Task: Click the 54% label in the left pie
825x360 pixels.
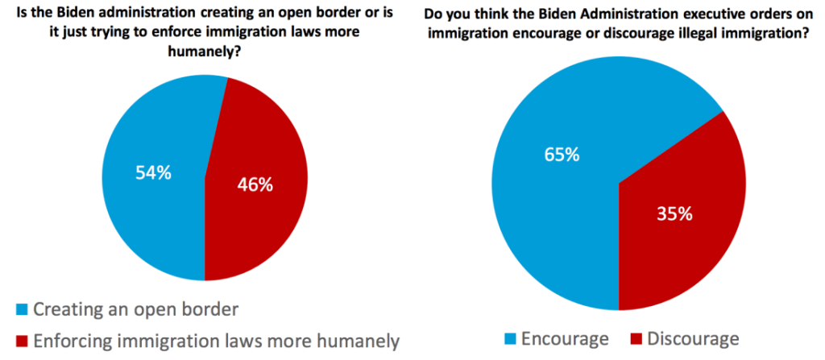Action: [x=152, y=172]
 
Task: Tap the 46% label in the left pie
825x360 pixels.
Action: [x=255, y=184]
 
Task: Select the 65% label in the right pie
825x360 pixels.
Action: [x=562, y=155]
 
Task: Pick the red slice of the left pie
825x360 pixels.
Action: [x=258, y=226]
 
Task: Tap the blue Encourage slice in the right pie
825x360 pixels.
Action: [x=548, y=209]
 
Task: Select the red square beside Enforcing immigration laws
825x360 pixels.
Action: [x=22, y=341]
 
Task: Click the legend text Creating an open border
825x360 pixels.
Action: [x=138, y=309]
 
